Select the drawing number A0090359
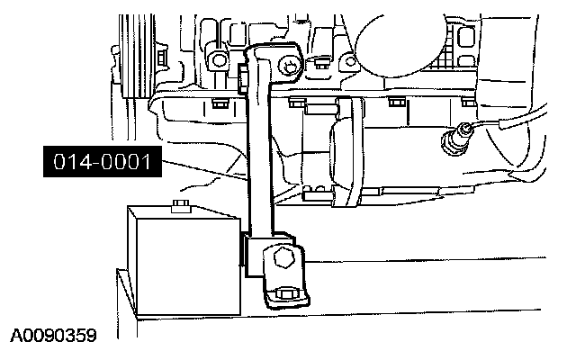[53, 337]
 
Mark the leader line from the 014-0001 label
[202, 169]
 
